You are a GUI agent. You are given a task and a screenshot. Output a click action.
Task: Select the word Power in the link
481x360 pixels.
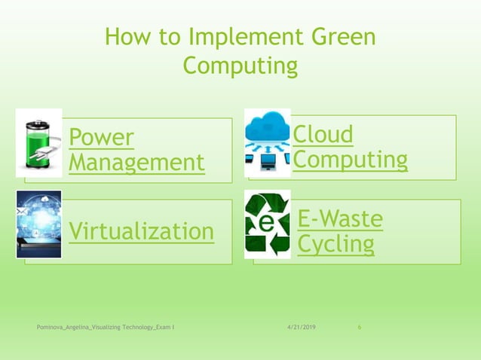pos(101,137)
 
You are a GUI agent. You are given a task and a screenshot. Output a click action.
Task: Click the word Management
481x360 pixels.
pos(136,162)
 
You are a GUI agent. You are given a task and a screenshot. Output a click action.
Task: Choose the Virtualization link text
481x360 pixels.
pos(142,231)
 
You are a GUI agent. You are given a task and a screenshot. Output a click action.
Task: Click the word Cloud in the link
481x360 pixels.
pos(323,135)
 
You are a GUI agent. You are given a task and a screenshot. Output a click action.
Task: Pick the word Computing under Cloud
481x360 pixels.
pos(350,160)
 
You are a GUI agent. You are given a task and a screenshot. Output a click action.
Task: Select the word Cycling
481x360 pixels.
pos(335,244)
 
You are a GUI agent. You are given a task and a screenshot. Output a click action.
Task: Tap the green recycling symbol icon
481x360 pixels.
pos(267,224)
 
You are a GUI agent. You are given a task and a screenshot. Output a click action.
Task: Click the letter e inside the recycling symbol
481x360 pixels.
pos(266,224)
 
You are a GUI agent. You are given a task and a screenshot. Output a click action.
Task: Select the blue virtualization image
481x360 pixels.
pos(38,224)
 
